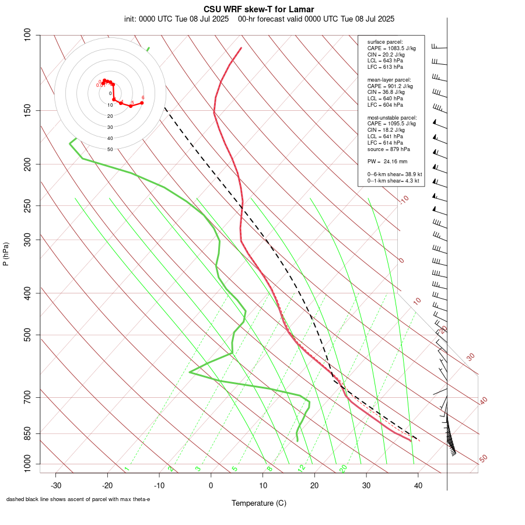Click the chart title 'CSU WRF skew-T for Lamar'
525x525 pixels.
[x=259, y=9]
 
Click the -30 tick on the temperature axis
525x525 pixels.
[x=56, y=485]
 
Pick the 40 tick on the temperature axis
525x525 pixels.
[x=418, y=485]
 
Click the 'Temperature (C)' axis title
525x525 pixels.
[x=259, y=503]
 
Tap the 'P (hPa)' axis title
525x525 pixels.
[x=6, y=254]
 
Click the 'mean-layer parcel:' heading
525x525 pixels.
[x=389, y=79]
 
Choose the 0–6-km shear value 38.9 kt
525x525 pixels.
[x=394, y=174]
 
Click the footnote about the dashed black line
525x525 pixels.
[x=78, y=499]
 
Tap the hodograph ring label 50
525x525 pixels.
[x=110, y=149]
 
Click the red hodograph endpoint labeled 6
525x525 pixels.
[x=142, y=103]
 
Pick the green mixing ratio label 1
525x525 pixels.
[x=127, y=468]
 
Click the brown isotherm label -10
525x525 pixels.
[x=404, y=200]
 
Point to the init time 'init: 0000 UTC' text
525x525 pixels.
[x=149, y=19]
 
